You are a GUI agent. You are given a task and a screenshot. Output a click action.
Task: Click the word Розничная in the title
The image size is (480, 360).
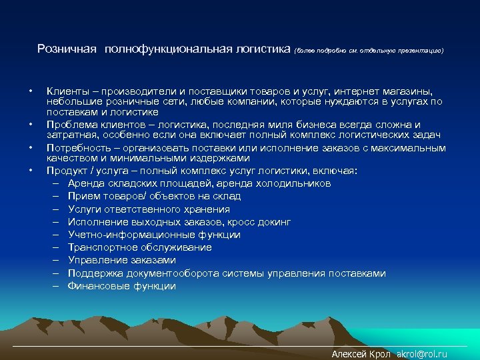[x=67, y=49]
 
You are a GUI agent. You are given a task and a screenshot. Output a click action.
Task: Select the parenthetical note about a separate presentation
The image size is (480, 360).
[x=368, y=50]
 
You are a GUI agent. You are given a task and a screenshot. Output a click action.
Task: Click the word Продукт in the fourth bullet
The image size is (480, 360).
[x=67, y=171]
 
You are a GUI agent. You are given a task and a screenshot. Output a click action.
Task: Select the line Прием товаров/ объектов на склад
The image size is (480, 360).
[x=154, y=196]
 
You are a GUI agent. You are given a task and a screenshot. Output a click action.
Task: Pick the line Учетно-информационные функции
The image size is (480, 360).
[x=154, y=235]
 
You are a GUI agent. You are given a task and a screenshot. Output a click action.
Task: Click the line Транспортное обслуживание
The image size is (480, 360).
[x=139, y=247]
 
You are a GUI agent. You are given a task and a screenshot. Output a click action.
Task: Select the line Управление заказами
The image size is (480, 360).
[x=121, y=260]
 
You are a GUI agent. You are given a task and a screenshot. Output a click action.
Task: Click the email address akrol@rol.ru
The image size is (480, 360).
[x=421, y=354]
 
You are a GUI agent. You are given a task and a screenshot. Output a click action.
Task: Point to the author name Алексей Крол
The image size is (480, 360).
[x=360, y=354]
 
